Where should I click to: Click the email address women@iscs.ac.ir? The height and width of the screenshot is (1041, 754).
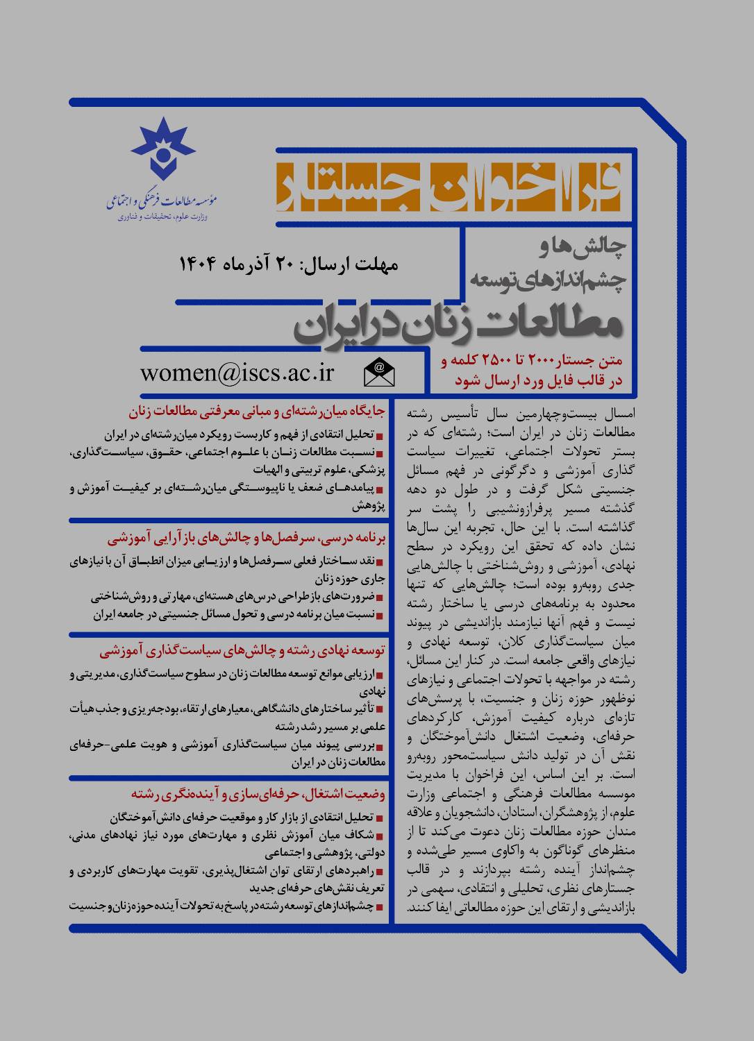click(x=237, y=373)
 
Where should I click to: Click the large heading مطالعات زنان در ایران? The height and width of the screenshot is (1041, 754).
click(x=460, y=324)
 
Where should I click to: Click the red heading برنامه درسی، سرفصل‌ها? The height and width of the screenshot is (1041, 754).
click(x=250, y=538)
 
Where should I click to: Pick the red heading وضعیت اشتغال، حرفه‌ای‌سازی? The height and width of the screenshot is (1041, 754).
click(x=258, y=793)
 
